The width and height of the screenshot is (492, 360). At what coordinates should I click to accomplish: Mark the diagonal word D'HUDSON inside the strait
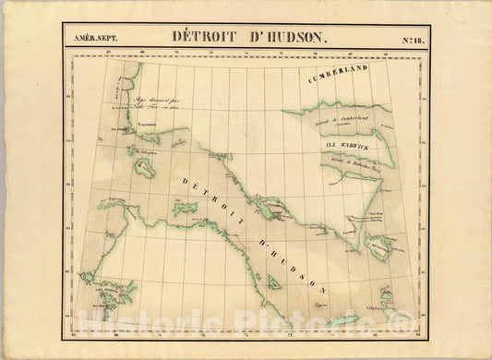coord(287,263)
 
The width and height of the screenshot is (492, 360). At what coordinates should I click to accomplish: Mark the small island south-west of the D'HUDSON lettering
coord(273,282)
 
